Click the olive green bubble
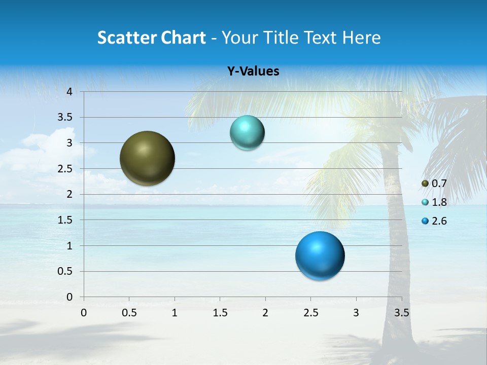pyautogui.click(x=147, y=158)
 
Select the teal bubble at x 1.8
pyautogui.click(x=247, y=133)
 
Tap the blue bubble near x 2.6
pyautogui.click(x=320, y=255)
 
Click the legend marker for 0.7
pyautogui.click(x=425, y=183)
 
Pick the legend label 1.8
pyautogui.click(x=439, y=202)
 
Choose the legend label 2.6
pyautogui.click(x=439, y=221)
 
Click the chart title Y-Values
pyautogui.click(x=253, y=71)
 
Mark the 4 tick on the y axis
pyautogui.click(x=70, y=92)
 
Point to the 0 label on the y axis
pyautogui.click(x=70, y=297)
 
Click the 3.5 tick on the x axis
pyautogui.click(x=401, y=313)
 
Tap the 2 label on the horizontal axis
pyautogui.click(x=265, y=313)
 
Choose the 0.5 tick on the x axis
pyautogui.click(x=129, y=313)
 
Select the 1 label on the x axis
pyautogui.click(x=175, y=313)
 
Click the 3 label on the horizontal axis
pyautogui.click(x=356, y=313)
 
